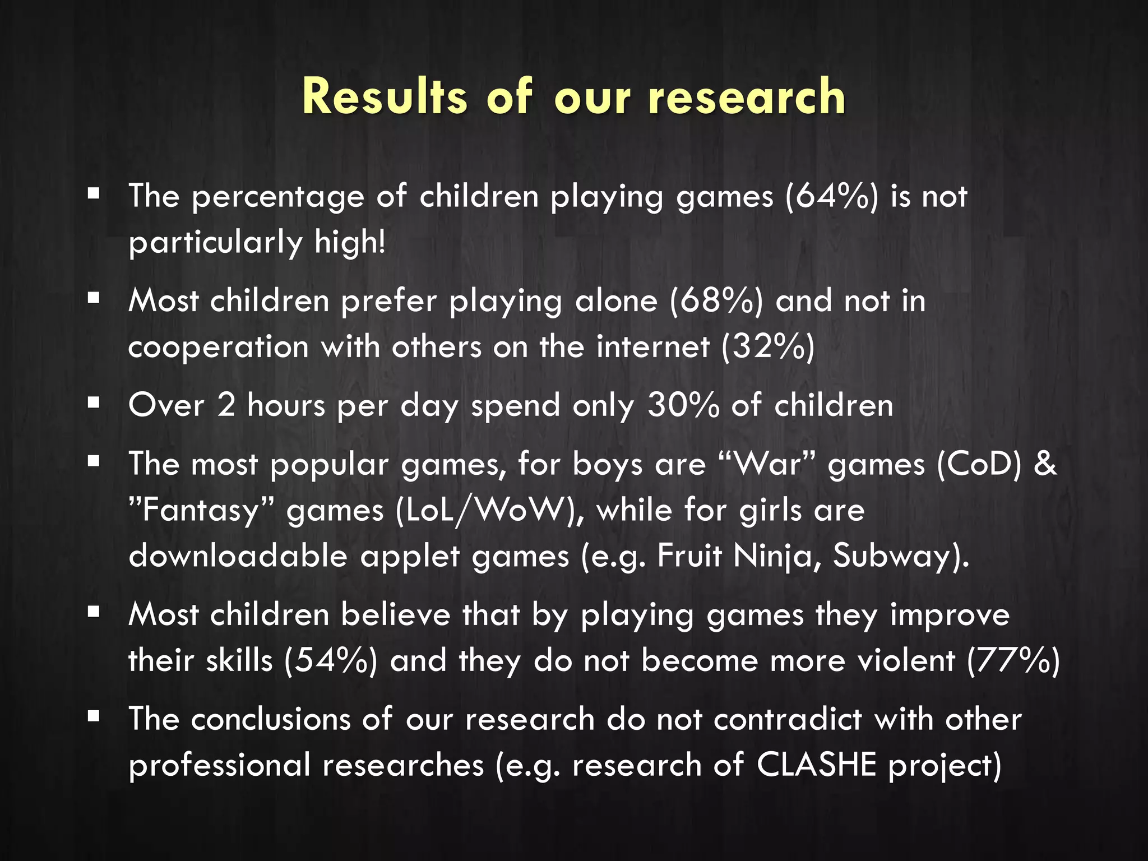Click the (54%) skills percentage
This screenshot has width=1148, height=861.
click(x=330, y=661)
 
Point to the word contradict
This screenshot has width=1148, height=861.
click(x=787, y=719)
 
